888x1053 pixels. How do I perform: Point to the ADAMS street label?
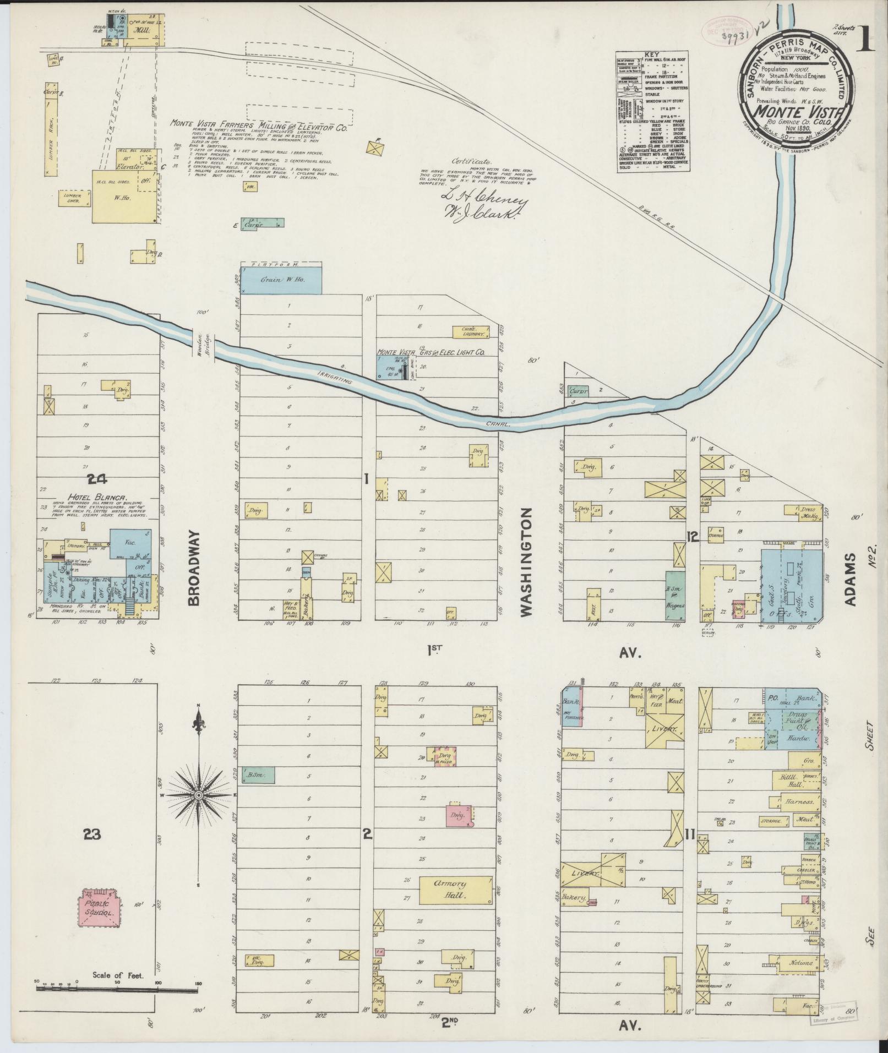click(851, 580)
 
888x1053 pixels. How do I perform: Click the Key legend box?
click(653, 111)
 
